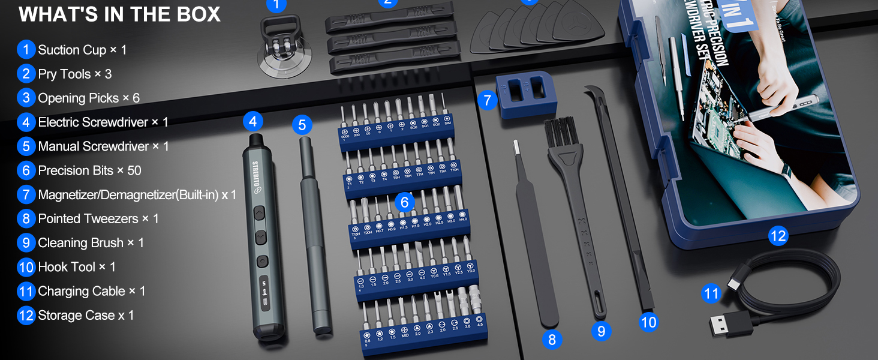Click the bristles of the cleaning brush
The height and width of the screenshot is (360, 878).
[x=560, y=135]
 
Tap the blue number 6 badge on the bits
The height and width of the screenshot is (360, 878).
[x=404, y=202]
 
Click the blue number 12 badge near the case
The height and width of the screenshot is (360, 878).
[x=777, y=236]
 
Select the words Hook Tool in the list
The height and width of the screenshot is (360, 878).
[x=67, y=267]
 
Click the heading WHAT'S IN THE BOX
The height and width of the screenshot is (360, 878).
[x=119, y=14]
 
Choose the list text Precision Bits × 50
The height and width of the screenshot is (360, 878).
[x=89, y=170]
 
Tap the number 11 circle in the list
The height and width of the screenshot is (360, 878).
[x=26, y=292]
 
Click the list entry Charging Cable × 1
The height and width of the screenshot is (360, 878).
[x=91, y=291]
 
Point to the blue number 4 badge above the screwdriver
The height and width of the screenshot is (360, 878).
[x=252, y=122]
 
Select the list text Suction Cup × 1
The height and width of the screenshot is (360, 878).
[x=82, y=50]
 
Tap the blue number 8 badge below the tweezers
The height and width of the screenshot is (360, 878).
[x=552, y=340]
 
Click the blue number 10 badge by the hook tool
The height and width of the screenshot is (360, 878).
[x=648, y=322]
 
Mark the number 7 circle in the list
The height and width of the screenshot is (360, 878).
[x=26, y=195]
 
